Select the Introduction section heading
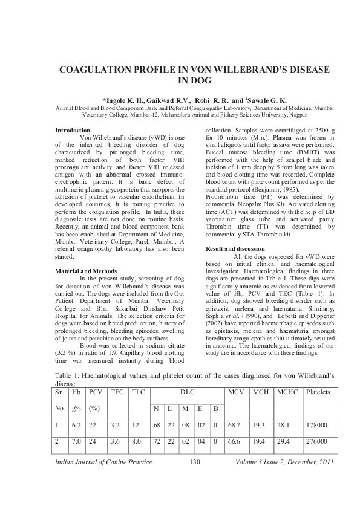73,131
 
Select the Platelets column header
318,392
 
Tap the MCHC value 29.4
284,443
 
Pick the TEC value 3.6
116,443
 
